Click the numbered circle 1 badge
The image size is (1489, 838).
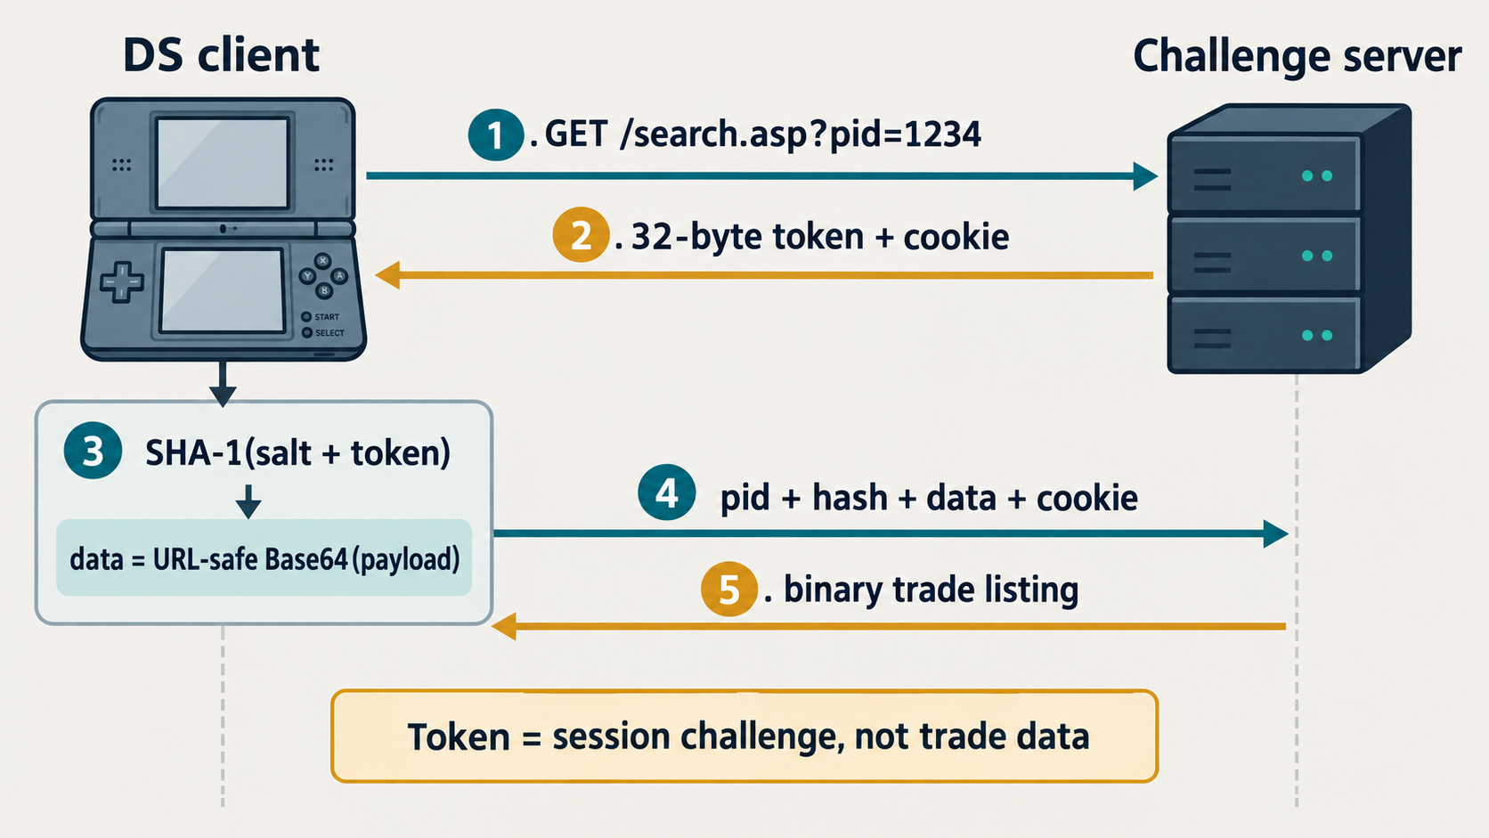495,134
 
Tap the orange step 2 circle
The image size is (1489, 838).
581,234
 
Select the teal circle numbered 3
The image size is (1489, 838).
93,451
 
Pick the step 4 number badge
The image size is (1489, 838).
667,492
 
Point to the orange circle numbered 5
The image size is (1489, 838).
729,589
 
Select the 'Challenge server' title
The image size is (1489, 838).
1297,57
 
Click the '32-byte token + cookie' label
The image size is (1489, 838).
820,237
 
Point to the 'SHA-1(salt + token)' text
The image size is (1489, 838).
297,452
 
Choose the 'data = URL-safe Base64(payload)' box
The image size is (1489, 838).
264,557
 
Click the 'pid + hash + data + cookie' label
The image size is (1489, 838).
929,498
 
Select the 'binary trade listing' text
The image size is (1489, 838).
931,590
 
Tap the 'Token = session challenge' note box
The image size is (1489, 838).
744,736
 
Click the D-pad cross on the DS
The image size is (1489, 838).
122,282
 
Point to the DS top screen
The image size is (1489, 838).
222,164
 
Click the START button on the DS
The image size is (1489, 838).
306,317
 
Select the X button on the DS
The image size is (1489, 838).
323,261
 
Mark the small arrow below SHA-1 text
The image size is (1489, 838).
248,501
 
